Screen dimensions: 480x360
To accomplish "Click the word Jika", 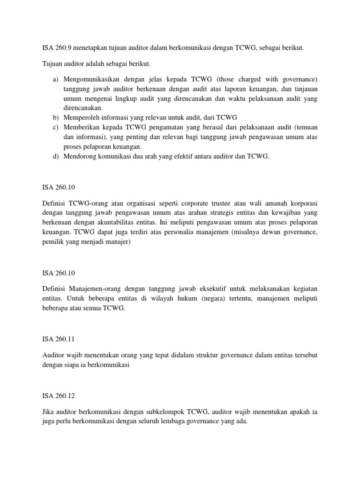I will pos(48,412).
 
